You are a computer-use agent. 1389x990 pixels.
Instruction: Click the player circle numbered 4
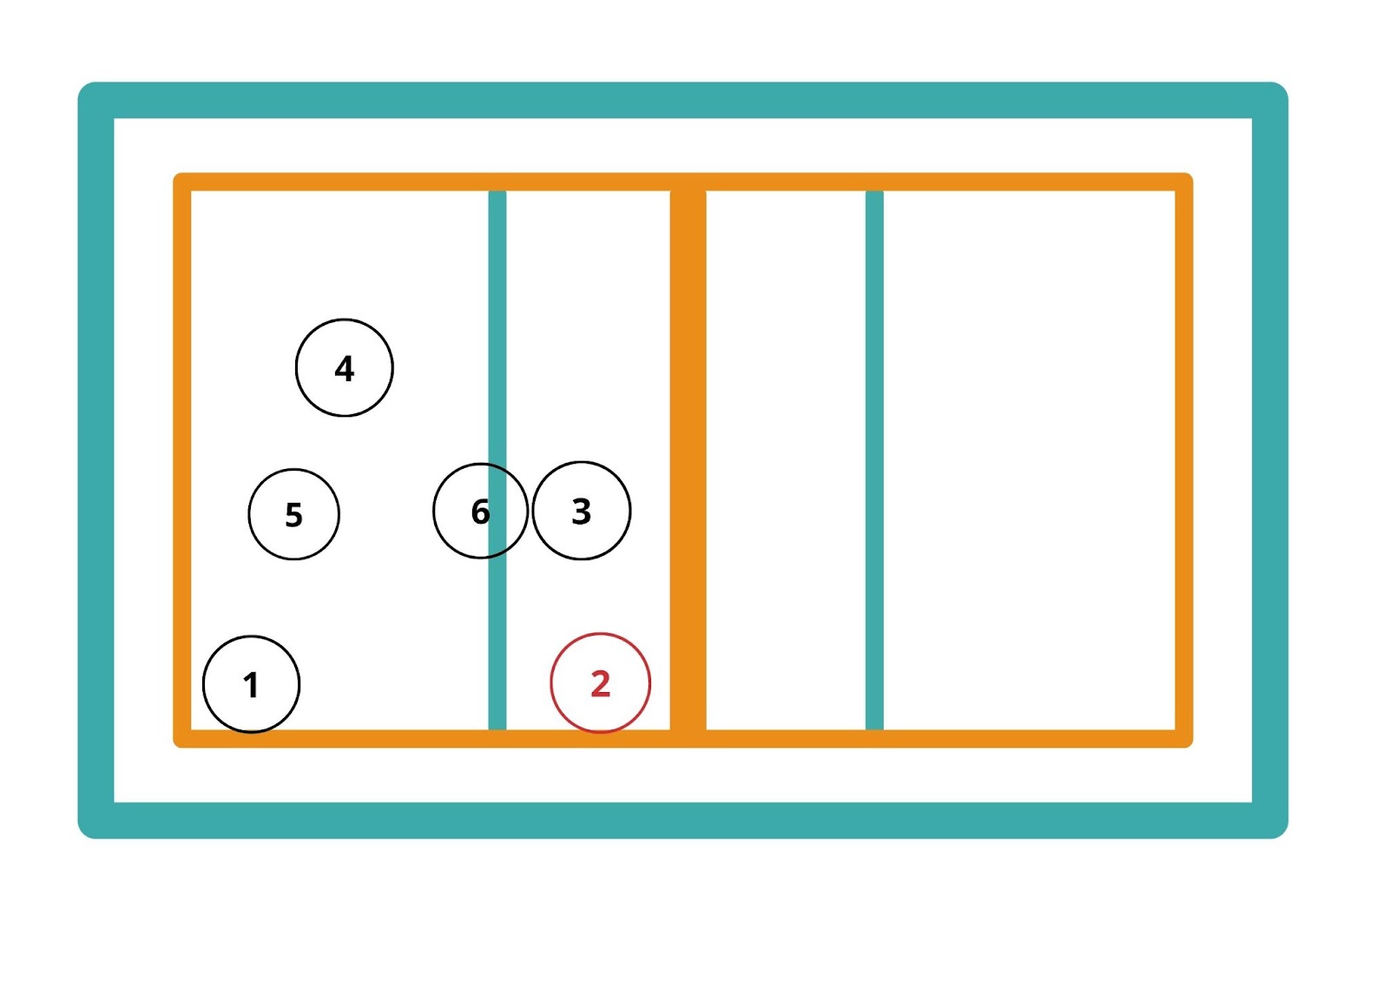point(344,367)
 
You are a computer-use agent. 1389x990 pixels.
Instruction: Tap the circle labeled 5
point(293,514)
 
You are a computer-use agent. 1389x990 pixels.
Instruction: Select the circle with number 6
point(479,511)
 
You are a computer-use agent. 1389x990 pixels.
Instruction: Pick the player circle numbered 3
point(581,511)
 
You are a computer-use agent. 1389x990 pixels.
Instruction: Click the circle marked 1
point(251,684)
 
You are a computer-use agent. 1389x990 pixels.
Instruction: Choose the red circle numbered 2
point(600,683)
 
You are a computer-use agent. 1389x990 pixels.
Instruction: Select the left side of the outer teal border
point(95,460)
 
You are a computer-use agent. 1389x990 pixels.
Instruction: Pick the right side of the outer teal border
point(1270,460)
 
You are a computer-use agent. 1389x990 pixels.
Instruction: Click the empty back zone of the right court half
point(1030,460)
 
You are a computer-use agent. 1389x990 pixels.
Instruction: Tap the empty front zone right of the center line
point(786,460)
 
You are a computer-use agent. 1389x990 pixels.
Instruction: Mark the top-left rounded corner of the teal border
point(91,96)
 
